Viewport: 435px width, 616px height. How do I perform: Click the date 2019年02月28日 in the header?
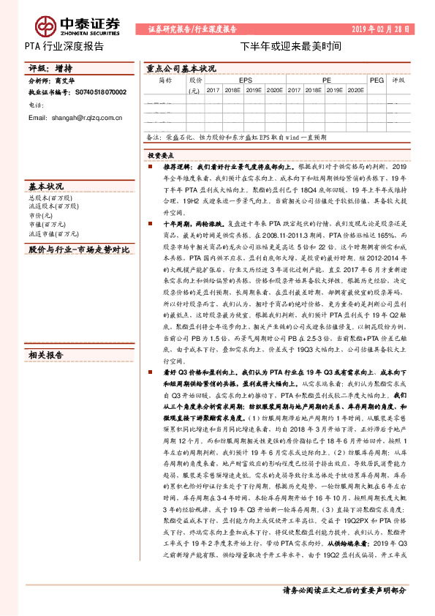pos(381,29)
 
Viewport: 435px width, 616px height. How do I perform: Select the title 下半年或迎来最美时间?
pos(290,45)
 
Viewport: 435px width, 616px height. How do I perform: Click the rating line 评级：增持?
pos(45,68)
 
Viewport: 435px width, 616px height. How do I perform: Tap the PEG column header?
pos(376,80)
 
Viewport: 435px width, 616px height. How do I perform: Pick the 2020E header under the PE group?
pos(355,90)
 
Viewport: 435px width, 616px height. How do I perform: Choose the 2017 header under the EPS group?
pos(213,90)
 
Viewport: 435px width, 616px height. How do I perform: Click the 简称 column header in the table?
pos(165,80)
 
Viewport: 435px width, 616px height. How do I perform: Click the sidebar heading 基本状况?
pos(45,186)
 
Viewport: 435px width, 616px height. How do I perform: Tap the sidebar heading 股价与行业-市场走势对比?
pos(77,249)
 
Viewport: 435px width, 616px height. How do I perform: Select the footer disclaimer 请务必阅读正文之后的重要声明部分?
pos(344,590)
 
